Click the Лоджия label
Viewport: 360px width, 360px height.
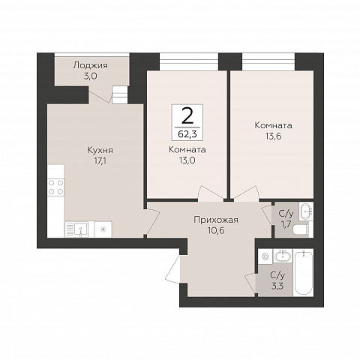pos(91,65)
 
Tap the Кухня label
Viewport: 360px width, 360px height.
pos(100,150)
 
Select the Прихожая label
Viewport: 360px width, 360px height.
pos(216,220)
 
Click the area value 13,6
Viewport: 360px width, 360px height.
pos(273,136)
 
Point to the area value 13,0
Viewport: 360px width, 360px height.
pos(187,160)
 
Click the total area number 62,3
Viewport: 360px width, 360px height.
pos(187,134)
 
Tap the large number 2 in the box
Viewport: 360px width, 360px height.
pos(187,116)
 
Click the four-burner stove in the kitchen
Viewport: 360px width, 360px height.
pos(55,187)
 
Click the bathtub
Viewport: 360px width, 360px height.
pos(303,273)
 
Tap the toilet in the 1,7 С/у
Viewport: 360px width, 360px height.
pos(302,230)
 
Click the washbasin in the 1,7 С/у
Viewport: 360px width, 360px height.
pos(305,211)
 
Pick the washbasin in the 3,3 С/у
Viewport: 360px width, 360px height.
pos(283,256)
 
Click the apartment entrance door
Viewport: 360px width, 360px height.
pos(172,268)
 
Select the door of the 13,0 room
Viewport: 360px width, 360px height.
pos(210,193)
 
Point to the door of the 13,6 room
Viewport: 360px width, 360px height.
pos(247,193)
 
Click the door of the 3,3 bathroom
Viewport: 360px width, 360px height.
pos(250,283)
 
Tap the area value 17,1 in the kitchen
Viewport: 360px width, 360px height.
pos(100,161)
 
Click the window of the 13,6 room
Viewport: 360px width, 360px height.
pos(268,61)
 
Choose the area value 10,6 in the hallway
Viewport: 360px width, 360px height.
pos(216,230)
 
